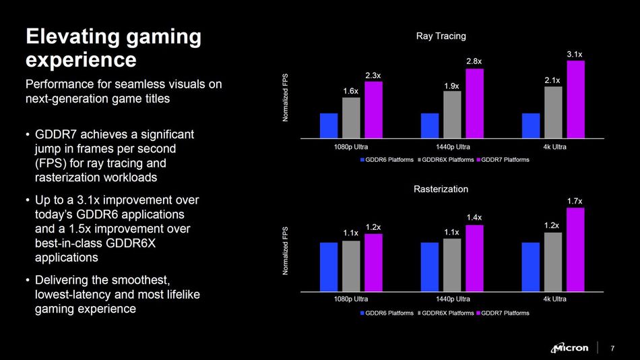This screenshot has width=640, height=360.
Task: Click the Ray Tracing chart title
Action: (441, 36)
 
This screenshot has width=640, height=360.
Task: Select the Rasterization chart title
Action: (441, 189)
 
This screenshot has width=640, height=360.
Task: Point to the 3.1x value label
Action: (575, 53)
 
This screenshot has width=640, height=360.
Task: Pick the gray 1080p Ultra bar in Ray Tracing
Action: (351, 118)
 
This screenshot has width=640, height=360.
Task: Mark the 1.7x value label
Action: (575, 201)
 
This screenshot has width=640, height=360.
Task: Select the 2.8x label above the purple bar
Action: (474, 61)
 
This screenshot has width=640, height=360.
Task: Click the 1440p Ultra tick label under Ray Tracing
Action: (453, 146)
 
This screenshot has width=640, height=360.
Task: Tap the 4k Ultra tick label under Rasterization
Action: (554, 299)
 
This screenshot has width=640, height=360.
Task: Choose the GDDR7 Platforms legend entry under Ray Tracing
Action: (503, 160)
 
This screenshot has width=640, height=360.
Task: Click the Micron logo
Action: (570, 348)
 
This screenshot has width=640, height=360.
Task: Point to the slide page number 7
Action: (612, 349)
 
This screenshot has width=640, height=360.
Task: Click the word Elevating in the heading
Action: (74, 36)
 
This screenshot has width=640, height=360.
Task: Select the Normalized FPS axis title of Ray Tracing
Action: (285, 98)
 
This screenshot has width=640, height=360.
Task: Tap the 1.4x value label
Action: (474, 217)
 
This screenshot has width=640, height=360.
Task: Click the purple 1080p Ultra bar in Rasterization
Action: (373, 262)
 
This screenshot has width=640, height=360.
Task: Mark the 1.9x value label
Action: (452, 86)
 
